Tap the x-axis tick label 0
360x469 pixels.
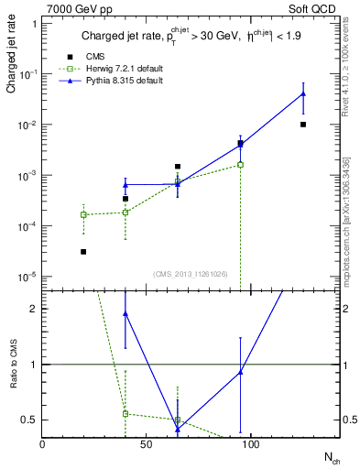pyautogui.click(x=42, y=444)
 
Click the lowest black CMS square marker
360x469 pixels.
pyautogui.click(x=83, y=251)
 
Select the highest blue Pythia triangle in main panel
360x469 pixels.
pyautogui.click(x=303, y=94)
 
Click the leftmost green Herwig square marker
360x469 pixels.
pyautogui.click(x=83, y=214)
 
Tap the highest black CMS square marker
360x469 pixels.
pyautogui.click(x=303, y=125)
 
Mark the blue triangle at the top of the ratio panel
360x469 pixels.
pyautogui.click(x=125, y=313)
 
